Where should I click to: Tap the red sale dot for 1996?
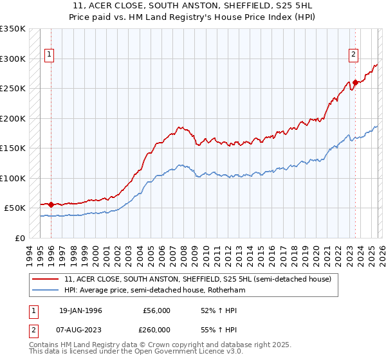(51, 204)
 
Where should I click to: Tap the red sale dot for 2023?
(355, 82)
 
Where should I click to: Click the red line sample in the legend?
(46, 280)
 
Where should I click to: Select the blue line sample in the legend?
(46, 291)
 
